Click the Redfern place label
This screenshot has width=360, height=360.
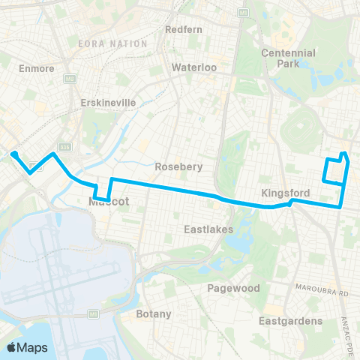(x=181, y=30)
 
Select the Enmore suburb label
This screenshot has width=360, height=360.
(x=31, y=68)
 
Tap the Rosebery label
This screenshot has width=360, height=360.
(x=178, y=166)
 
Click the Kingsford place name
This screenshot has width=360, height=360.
(x=281, y=193)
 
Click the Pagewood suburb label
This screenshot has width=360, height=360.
(x=233, y=288)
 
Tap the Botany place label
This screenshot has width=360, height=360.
(x=154, y=313)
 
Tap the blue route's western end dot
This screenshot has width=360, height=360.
(x=13, y=154)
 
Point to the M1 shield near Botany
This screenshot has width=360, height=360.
(x=94, y=313)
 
